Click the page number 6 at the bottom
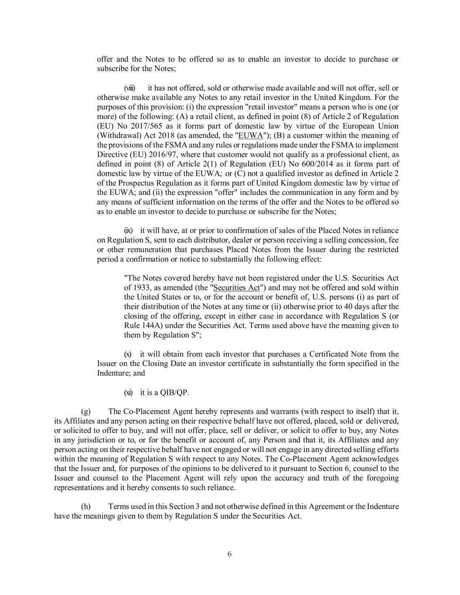click(x=230, y=554)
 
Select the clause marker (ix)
click(x=129, y=231)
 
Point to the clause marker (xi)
click(x=129, y=392)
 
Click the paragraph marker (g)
click(x=86, y=411)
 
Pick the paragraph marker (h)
click(x=86, y=507)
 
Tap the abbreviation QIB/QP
click(x=174, y=392)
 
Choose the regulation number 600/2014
click(x=282, y=164)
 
